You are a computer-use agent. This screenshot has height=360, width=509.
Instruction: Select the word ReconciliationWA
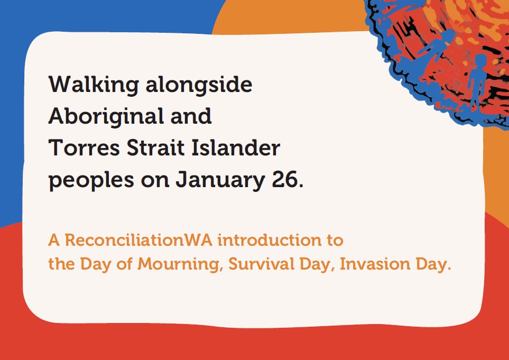pyautogui.click(x=139, y=240)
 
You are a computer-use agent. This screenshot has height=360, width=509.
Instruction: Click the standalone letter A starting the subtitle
pyautogui.click(x=53, y=240)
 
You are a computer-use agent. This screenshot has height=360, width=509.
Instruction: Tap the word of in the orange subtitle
pyautogui.click(x=125, y=264)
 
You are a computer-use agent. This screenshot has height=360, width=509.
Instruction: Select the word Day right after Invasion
pyautogui.click(x=433, y=264)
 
